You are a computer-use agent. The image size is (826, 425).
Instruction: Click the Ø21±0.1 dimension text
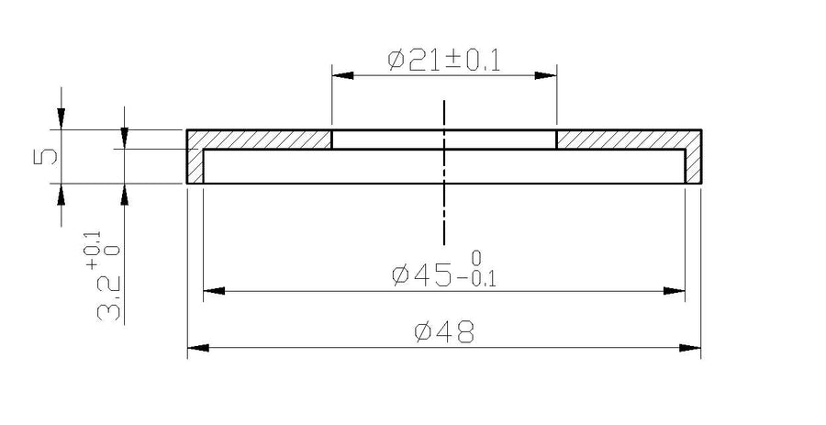(x=443, y=61)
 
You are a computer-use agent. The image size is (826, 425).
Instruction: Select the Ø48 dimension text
(x=444, y=332)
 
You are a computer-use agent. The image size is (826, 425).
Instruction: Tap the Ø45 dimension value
(x=422, y=274)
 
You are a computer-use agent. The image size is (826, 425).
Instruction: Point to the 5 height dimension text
(x=45, y=156)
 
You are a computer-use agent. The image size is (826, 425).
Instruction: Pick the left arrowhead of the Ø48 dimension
(x=198, y=348)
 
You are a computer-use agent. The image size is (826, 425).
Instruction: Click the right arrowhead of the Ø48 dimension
(x=690, y=348)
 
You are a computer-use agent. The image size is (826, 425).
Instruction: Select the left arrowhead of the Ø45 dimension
(x=214, y=291)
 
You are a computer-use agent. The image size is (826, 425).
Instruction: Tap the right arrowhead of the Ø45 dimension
(x=675, y=291)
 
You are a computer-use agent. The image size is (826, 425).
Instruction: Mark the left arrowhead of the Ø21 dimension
(x=343, y=75)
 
